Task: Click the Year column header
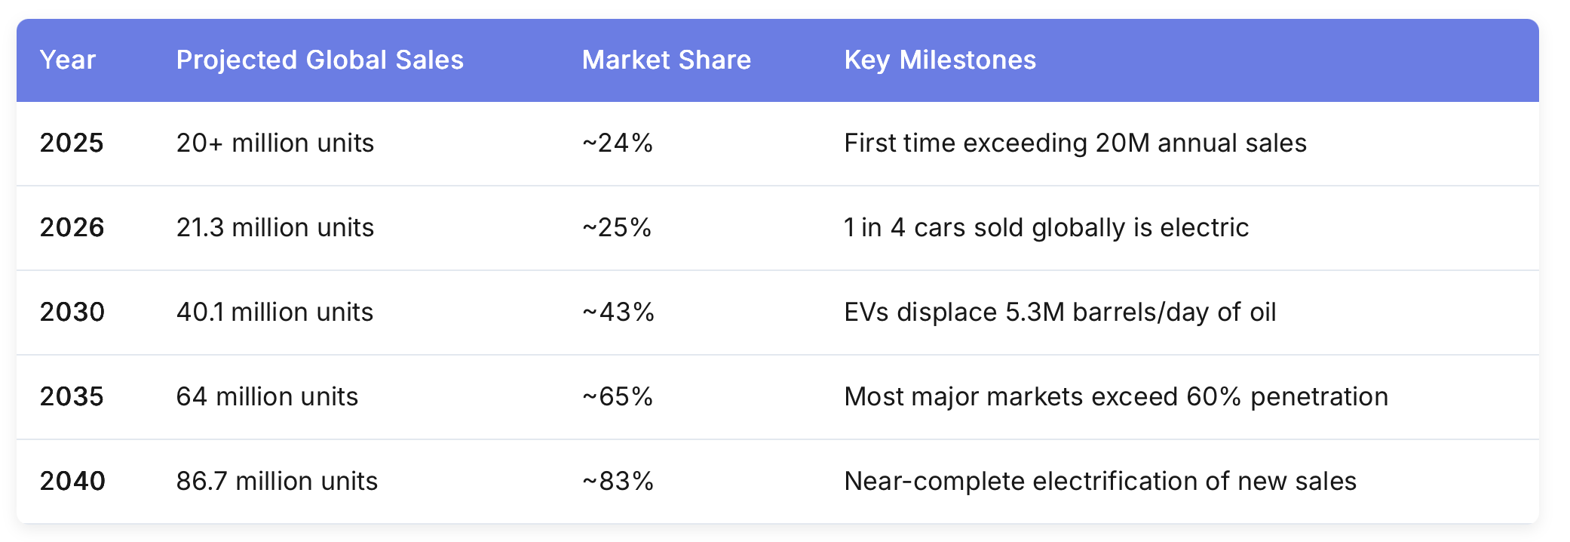(68, 60)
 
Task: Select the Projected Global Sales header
(320, 60)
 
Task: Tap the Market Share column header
(667, 60)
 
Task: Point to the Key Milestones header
(940, 60)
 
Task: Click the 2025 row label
(72, 143)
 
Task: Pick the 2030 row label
(72, 313)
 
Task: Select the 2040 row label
(72, 482)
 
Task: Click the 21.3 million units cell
(275, 228)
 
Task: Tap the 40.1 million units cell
(275, 313)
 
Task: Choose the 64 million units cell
(267, 397)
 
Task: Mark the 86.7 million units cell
(277, 482)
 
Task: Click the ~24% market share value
(618, 143)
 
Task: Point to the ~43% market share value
(618, 313)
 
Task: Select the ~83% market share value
(618, 482)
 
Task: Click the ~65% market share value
(618, 397)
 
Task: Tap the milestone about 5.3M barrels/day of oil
(1060, 313)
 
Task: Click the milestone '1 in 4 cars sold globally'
(1047, 228)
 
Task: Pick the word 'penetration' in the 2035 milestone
(1320, 397)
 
